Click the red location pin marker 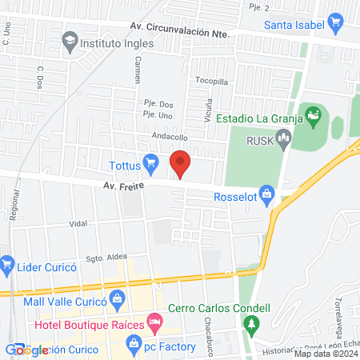pyautogui.click(x=181, y=163)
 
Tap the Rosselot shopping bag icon pyautogui.click(x=267, y=194)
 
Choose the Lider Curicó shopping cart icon pyautogui.click(x=7, y=262)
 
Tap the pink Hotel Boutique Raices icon pyautogui.click(x=155, y=325)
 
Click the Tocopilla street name pyautogui.click(x=213, y=80)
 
